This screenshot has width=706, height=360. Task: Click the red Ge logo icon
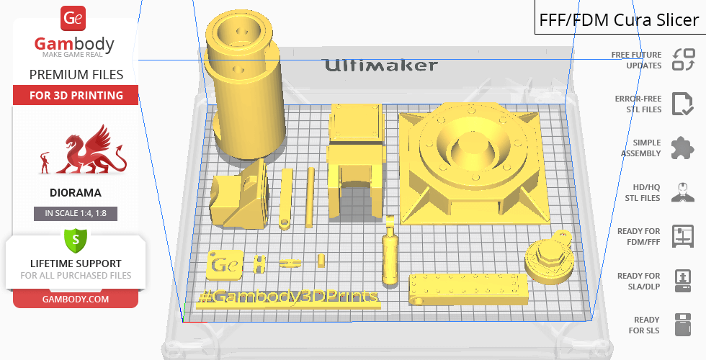click(x=73, y=19)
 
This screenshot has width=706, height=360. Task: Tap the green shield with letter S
click(x=76, y=240)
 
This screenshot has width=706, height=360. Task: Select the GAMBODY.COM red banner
click(x=76, y=300)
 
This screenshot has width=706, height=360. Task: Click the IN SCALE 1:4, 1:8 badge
click(x=76, y=213)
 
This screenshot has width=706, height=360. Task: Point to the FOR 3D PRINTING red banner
click(x=76, y=95)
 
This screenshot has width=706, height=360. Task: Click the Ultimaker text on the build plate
click(x=381, y=66)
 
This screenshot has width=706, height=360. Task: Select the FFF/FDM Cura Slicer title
click(x=619, y=20)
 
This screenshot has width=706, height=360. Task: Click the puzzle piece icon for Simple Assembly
click(x=683, y=148)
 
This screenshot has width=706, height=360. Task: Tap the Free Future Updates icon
click(x=683, y=60)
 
